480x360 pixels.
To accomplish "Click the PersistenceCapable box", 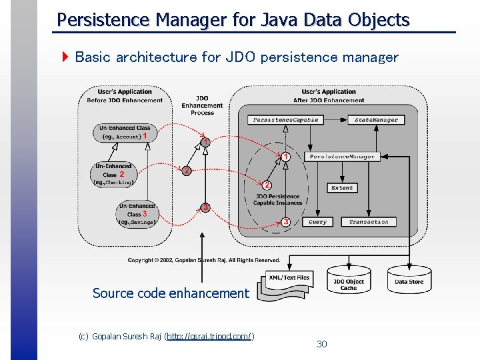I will point(286,120).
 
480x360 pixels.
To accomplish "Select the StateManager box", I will point(376,120).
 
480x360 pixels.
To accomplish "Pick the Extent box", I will point(342,188).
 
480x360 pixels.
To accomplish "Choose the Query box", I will point(318,221).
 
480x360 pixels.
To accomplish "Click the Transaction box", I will point(369,221).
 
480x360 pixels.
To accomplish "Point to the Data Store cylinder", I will point(409,280).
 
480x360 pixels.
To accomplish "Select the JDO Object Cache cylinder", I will point(349,282).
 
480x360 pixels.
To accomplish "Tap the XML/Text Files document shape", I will point(288,281).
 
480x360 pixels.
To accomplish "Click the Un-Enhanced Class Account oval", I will point(123,132).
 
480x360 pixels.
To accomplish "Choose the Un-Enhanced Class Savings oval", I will point(137,214).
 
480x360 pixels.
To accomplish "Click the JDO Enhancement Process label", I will point(202,105).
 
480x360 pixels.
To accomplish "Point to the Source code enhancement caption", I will point(171,293).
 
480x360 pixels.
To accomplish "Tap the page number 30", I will point(322,344).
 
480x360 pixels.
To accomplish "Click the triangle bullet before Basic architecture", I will point(65,57).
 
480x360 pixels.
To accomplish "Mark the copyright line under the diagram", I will point(204,259).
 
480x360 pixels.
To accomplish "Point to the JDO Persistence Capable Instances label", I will point(277,199).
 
